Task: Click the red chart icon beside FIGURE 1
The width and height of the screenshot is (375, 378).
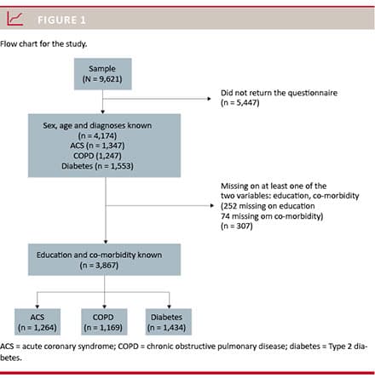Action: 14,19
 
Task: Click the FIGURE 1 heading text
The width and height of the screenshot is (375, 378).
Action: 61,20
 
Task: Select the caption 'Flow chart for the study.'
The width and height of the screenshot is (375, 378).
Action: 43,44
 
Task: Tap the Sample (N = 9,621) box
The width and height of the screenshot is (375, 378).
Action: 103,74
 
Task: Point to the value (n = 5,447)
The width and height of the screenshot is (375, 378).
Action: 240,102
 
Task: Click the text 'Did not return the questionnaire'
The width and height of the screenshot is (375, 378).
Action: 279,93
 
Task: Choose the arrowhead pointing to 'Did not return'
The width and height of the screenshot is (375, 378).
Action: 209,99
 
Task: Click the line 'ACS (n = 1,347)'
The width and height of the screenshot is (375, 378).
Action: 97,146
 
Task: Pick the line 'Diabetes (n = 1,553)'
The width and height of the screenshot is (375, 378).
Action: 97,166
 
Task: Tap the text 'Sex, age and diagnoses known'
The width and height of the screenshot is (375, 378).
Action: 97,125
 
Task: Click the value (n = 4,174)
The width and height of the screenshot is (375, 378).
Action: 97,135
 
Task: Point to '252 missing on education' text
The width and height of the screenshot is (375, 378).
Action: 268,206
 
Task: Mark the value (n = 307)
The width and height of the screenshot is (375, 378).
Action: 237,226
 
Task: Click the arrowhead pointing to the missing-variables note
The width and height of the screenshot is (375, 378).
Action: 212,205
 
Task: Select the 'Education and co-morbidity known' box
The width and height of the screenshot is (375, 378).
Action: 104,260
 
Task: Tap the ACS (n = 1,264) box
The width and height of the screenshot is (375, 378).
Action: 37,322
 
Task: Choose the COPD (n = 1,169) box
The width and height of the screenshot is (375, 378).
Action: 104,322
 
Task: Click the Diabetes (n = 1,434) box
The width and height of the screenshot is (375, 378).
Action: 169,322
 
